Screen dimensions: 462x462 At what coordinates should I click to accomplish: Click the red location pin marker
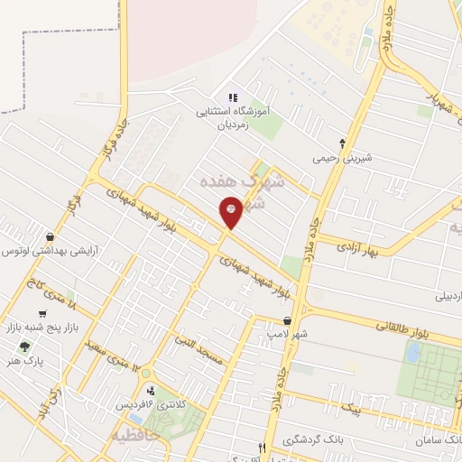[231, 211]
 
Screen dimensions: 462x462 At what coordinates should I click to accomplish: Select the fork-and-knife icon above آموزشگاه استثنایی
[232, 98]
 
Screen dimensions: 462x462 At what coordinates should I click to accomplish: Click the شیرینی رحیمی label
[342, 157]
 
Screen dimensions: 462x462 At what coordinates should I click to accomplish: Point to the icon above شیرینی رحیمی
[342, 143]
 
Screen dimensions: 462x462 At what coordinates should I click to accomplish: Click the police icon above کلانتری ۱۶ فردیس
[150, 391]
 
